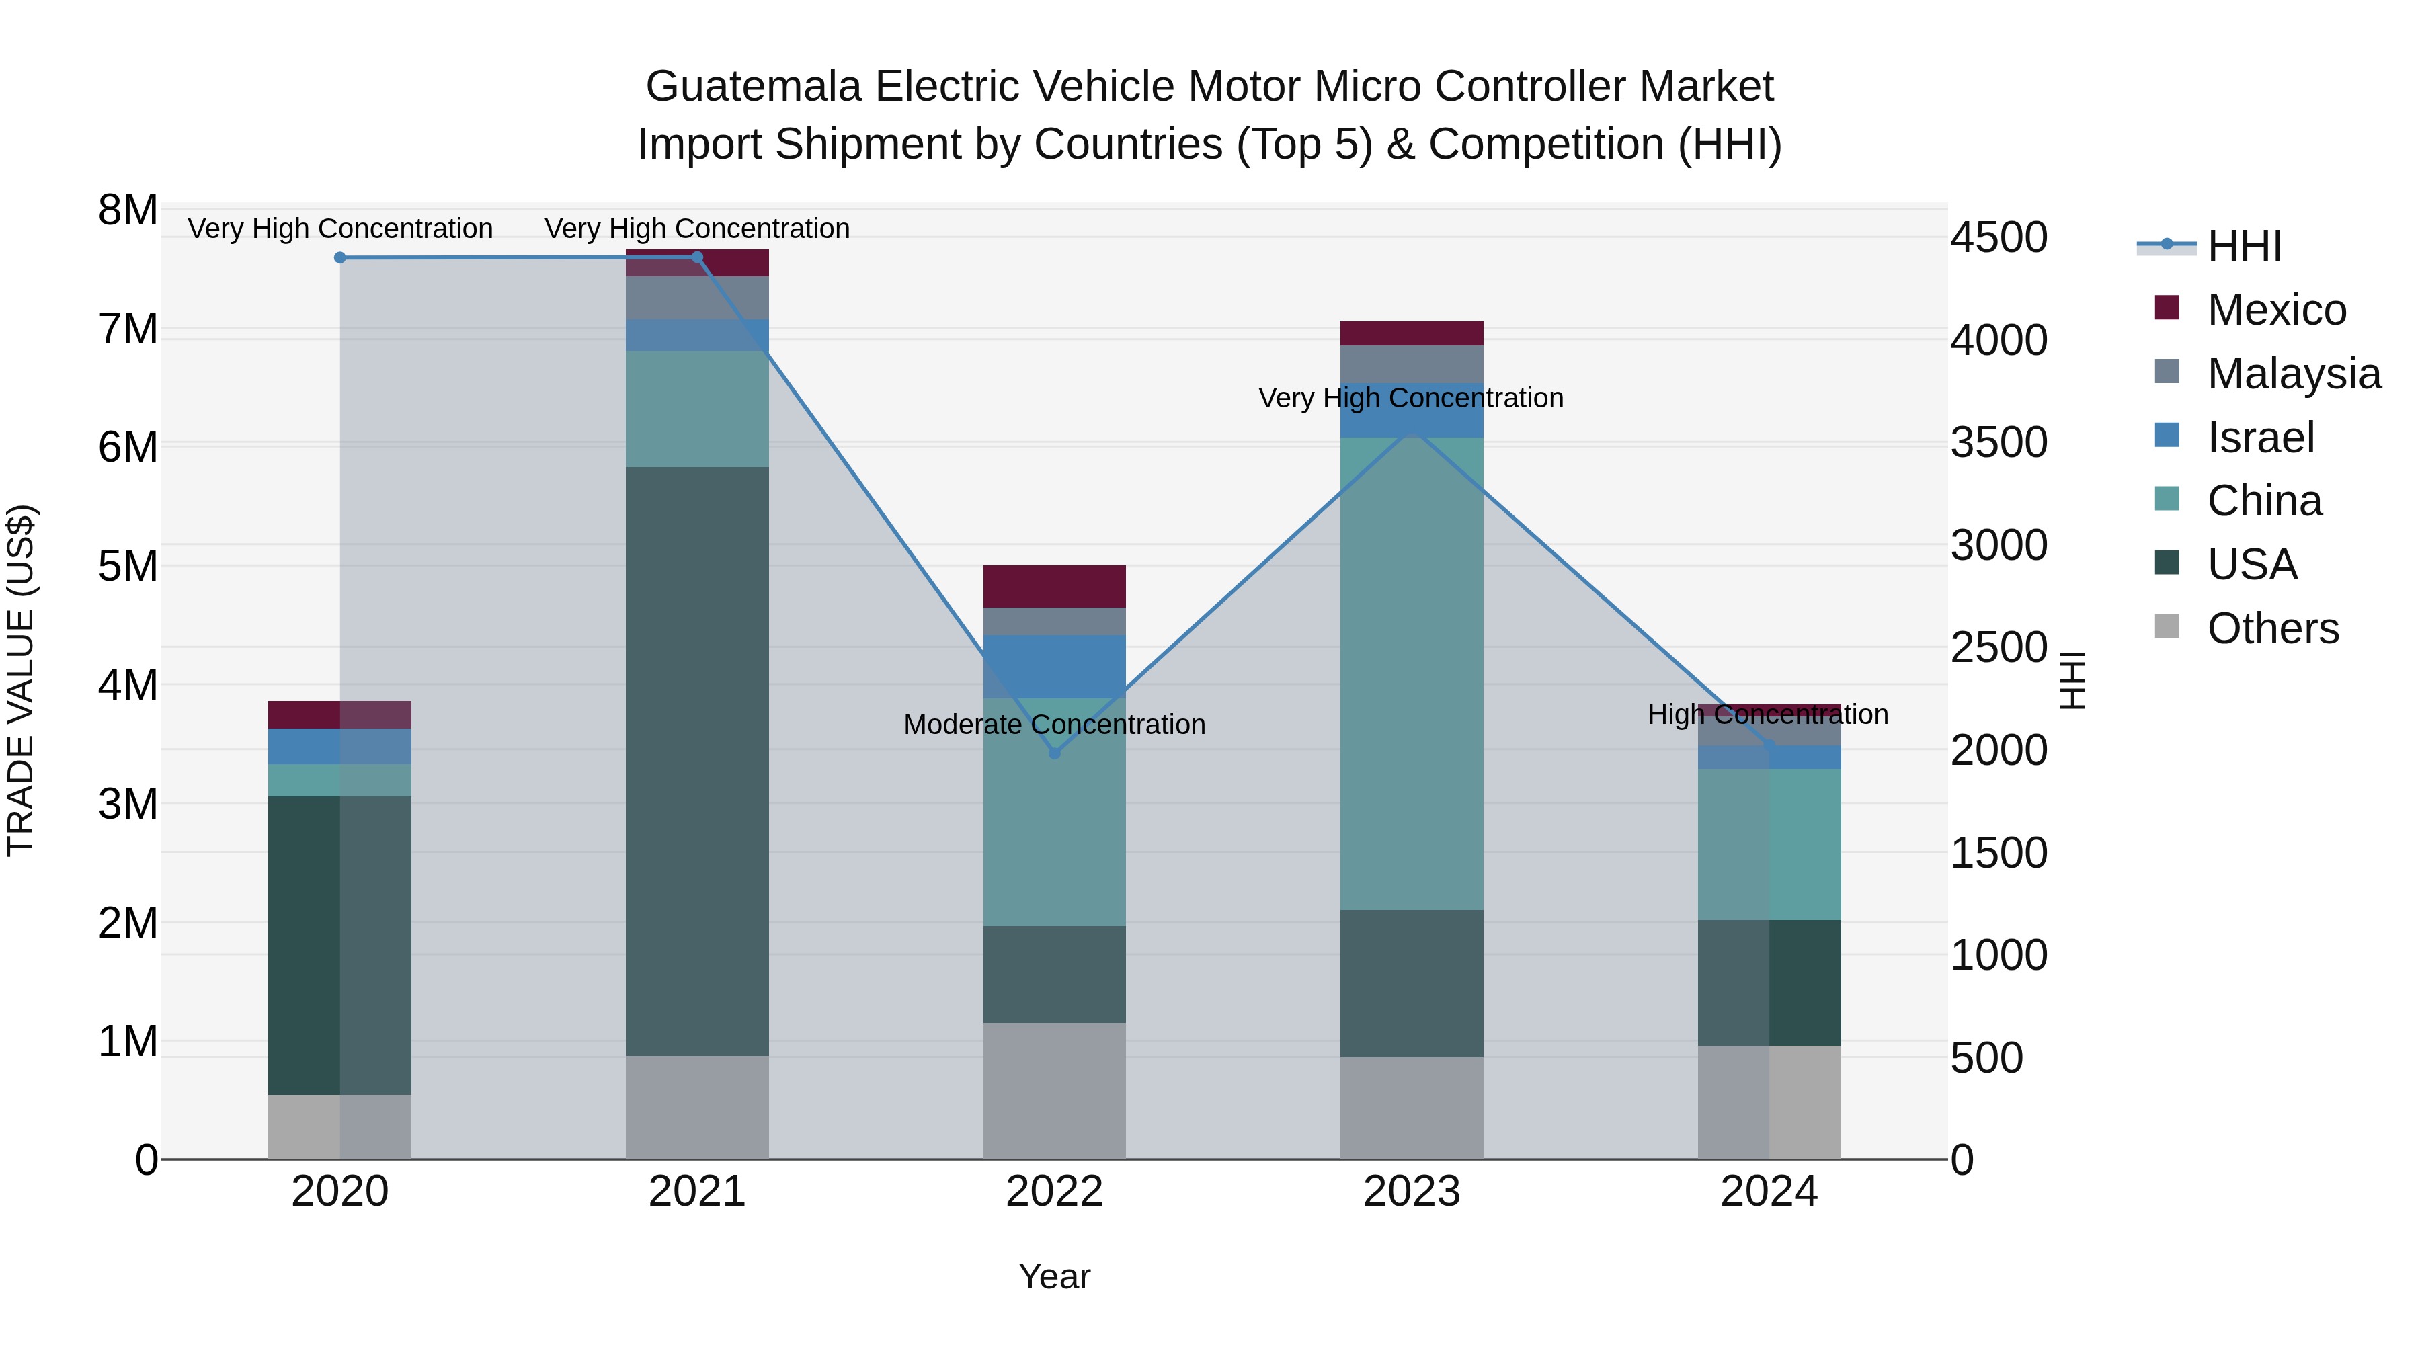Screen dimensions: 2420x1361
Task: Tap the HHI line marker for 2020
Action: point(340,257)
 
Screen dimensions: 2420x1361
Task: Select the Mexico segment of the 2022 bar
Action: point(1054,586)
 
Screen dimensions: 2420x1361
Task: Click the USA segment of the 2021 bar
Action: point(697,761)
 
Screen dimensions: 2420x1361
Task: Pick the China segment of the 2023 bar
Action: point(1411,673)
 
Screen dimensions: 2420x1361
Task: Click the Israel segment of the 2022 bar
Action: point(1054,666)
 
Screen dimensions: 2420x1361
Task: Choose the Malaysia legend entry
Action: point(2292,373)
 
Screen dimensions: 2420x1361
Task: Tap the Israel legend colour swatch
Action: point(2167,435)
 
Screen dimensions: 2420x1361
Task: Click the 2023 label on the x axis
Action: point(1411,1191)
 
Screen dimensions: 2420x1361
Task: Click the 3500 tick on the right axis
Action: point(1999,442)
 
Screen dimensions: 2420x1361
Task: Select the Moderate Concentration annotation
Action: point(1054,724)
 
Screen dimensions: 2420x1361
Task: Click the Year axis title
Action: point(1054,1276)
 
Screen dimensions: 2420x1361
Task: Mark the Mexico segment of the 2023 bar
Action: point(1411,333)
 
